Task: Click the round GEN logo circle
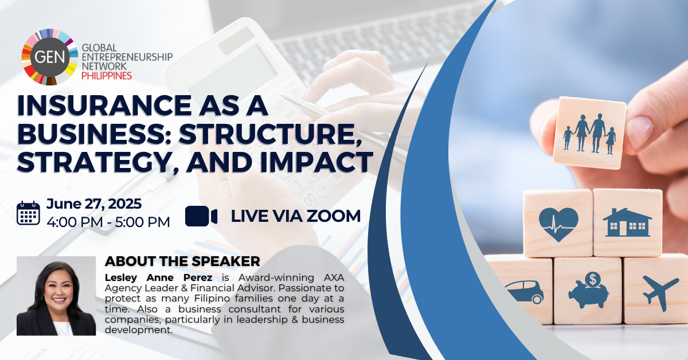pos(50,57)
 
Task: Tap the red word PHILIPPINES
pos(107,76)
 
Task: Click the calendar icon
pos(28,213)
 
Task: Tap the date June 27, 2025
pos(94,204)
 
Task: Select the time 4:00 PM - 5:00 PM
pos(108,222)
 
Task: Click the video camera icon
pos(201,216)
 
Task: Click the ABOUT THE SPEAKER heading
pos(182,261)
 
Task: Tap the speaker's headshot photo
pos(56,296)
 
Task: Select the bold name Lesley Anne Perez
pos(158,277)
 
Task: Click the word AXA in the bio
pos(334,277)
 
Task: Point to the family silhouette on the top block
pos(589,134)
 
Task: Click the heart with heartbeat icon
pos(558,224)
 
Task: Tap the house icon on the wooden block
pos(627,222)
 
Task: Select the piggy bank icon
pos(588,290)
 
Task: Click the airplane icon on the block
pos(660,292)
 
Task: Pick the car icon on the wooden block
pos(523,292)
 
